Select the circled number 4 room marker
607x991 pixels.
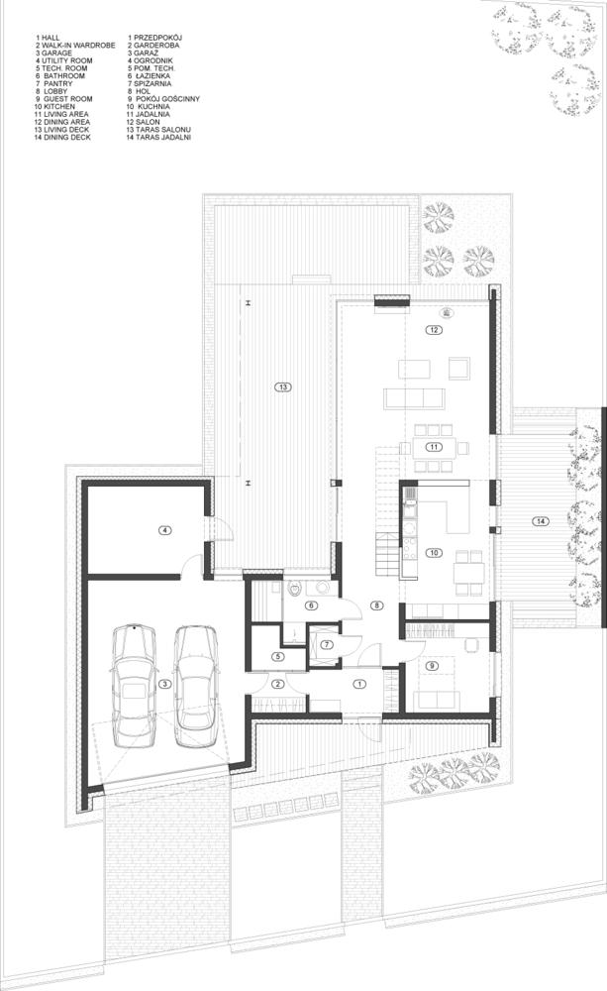tap(166, 530)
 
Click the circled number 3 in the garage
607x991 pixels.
tap(166, 683)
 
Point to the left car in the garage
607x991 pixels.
tap(133, 685)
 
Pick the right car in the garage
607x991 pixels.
tap(197, 685)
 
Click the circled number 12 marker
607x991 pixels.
tap(433, 330)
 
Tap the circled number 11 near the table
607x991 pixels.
tap(433, 447)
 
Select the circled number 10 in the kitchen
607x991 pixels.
tap(433, 552)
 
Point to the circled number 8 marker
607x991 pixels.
tap(376, 605)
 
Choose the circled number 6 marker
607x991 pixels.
tap(310, 606)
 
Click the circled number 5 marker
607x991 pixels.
tap(278, 656)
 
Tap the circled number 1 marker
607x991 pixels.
tap(358, 683)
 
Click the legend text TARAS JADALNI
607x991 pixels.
tap(163, 137)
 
